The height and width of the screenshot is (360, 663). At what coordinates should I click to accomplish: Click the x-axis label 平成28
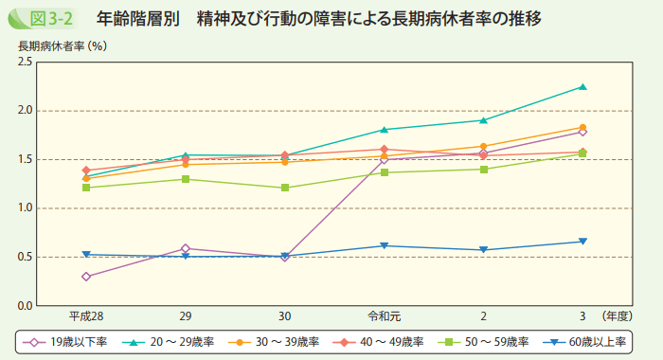coord(86,315)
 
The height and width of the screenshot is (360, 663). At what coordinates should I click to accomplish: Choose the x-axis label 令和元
coord(385,315)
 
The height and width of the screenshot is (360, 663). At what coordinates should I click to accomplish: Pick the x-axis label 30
coord(285,315)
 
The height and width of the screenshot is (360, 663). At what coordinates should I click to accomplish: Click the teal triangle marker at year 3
coord(582,87)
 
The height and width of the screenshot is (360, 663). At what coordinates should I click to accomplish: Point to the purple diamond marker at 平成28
coord(86,277)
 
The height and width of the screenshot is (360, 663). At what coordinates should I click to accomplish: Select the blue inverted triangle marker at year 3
coord(582,242)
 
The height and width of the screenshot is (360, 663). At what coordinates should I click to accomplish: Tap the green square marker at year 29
coord(186,179)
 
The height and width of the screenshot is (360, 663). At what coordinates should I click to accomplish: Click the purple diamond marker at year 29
coord(186,248)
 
